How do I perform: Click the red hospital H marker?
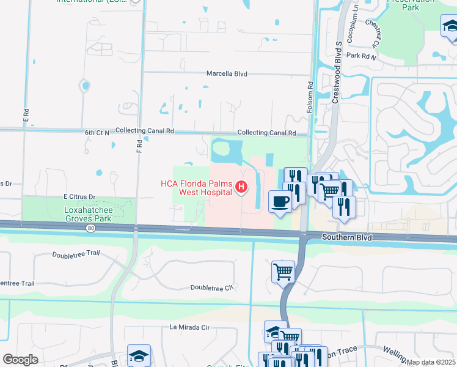pos(242,187)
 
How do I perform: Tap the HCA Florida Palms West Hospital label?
pos(197,187)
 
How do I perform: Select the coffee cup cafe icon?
pos(280,202)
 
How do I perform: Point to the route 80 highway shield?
pos(91,228)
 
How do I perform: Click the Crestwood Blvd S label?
pos(336,73)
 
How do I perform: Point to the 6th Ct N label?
pos(97,132)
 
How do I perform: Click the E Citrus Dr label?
pos(80,196)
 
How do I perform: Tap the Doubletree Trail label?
pos(76,254)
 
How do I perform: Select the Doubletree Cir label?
pos(212,287)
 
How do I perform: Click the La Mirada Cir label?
pos(189,327)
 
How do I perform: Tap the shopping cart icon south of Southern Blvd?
pos(283,271)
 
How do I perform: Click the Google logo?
pos(20,360)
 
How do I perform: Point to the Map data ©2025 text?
pos(431,362)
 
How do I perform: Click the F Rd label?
pos(139,146)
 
